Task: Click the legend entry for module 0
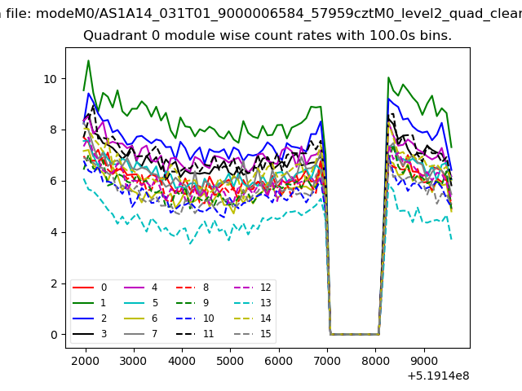coord(90,288)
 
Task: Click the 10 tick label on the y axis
coord(51,79)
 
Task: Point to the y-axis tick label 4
coord(54,232)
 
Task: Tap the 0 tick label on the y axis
coord(54,335)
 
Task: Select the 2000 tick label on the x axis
coord(85,361)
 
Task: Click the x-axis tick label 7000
coord(327,361)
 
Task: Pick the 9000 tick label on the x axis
coord(424,361)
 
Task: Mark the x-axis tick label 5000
coord(230,361)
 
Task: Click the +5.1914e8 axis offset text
coord(438,376)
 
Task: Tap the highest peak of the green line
coord(88,60)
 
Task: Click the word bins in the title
coord(436,35)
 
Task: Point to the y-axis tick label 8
coord(54,130)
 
